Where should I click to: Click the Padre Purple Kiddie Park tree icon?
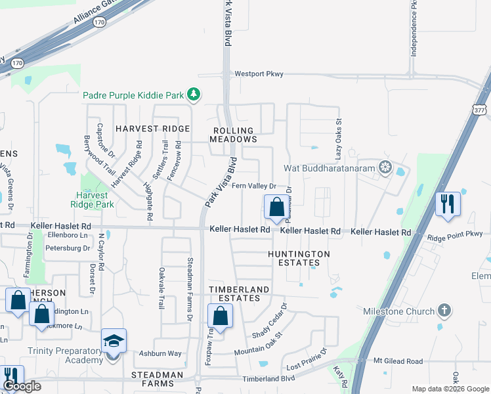point(193,95)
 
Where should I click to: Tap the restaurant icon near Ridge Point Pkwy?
point(448,204)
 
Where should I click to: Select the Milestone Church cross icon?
point(444,311)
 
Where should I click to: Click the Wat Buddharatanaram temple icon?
point(385,167)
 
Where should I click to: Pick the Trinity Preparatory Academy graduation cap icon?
point(113,342)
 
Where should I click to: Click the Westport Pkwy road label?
point(259,74)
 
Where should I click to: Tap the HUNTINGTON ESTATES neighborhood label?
point(298,258)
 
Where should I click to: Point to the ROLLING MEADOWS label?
point(233,135)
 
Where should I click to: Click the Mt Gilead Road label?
point(398,361)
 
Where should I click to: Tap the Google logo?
point(22,386)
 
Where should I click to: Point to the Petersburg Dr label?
point(68,248)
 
